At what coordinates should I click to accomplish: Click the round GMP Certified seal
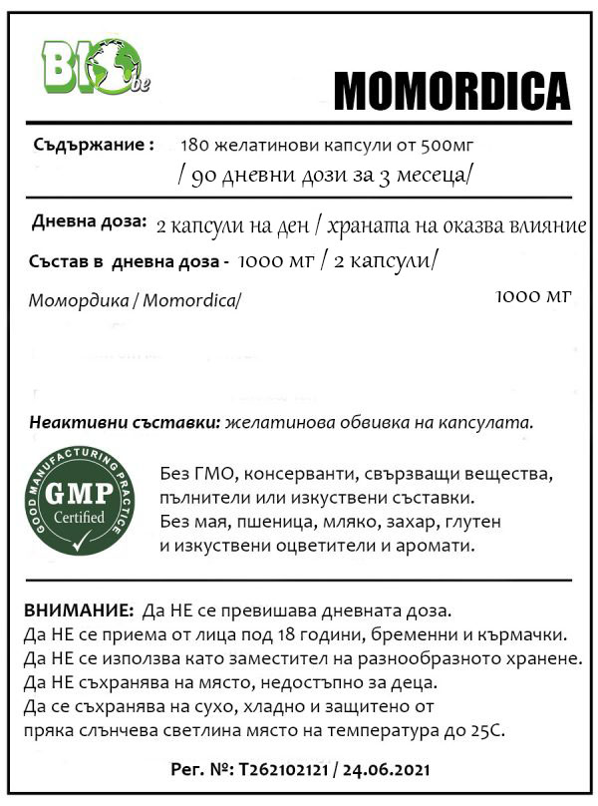click(81, 502)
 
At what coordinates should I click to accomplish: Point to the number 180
click(195, 146)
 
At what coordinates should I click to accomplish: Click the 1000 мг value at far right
click(532, 296)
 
